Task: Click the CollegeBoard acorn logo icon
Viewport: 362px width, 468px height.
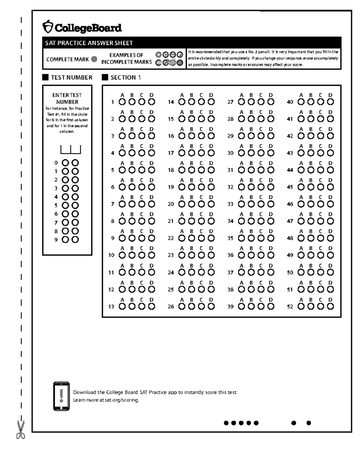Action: (x=48, y=27)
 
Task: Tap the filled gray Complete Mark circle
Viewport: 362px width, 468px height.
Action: (x=94, y=59)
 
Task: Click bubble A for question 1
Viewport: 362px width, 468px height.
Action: (x=122, y=102)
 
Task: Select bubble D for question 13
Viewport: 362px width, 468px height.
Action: (x=151, y=306)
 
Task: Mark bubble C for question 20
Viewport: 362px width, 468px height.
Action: (x=201, y=204)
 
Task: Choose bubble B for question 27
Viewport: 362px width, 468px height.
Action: (x=251, y=102)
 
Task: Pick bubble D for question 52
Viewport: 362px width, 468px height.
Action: (x=331, y=306)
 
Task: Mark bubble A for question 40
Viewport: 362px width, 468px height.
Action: (x=301, y=102)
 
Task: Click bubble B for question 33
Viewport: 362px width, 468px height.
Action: (x=251, y=204)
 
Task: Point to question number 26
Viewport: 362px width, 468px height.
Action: (x=171, y=307)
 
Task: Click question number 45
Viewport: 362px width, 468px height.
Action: (x=290, y=187)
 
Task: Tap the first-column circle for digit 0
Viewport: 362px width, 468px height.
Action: (x=65, y=163)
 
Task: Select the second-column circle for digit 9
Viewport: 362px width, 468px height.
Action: (x=75, y=240)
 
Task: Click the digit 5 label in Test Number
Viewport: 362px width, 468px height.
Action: (x=56, y=206)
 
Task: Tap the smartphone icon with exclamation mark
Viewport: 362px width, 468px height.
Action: (x=61, y=396)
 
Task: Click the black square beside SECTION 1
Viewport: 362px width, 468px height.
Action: (x=105, y=77)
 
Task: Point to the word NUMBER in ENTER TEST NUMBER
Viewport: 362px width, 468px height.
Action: (x=67, y=102)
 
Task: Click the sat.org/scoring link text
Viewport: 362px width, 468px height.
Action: (x=122, y=400)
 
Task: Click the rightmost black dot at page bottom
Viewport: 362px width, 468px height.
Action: (x=309, y=423)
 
